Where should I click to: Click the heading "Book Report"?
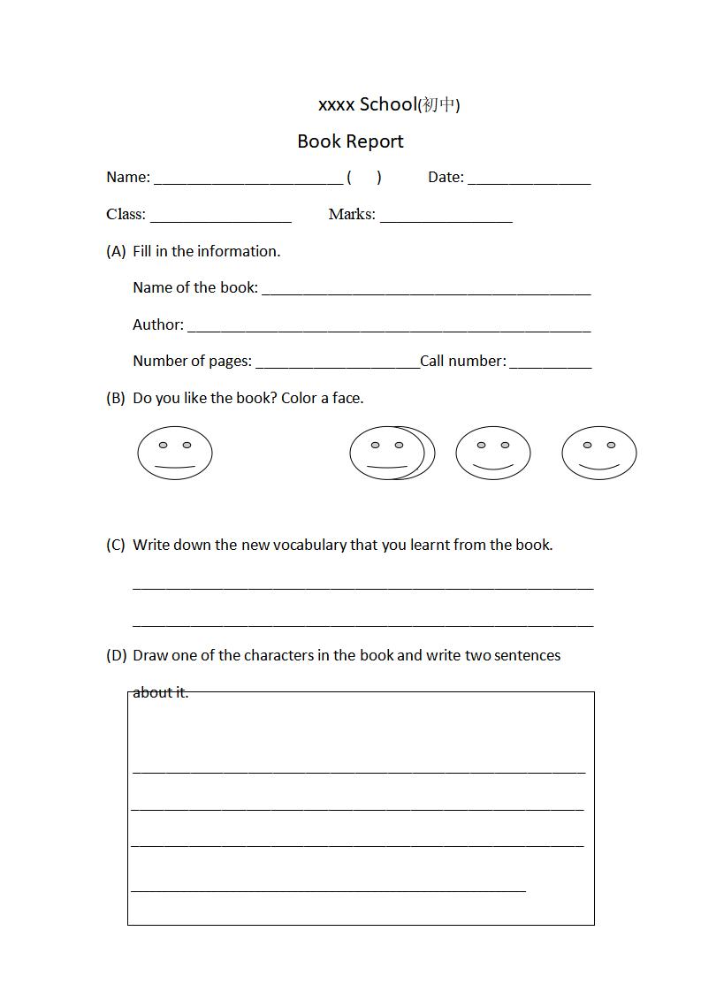tap(350, 141)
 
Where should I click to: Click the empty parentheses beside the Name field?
tap(364, 178)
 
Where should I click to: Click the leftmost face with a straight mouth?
tap(175, 454)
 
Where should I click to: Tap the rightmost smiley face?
tap(598, 454)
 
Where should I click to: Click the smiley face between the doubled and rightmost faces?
tap(493, 454)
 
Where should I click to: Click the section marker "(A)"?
tap(116, 252)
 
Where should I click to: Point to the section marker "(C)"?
tap(116, 546)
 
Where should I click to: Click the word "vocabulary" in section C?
tap(309, 546)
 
